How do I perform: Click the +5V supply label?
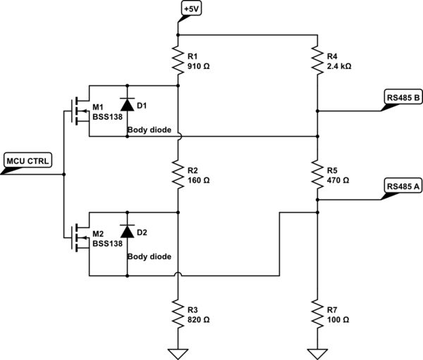(x=190, y=9)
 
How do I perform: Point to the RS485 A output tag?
(x=403, y=187)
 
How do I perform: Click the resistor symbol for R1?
(x=177, y=58)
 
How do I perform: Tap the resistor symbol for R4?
(x=317, y=58)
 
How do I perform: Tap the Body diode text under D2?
(x=149, y=257)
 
